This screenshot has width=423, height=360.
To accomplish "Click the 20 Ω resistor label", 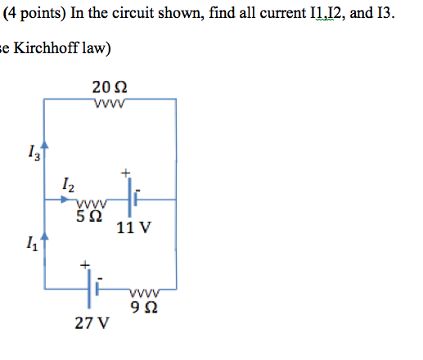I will (110, 87).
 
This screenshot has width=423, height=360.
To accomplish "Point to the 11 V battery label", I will (133, 228).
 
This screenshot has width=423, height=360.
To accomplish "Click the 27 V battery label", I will (91, 322).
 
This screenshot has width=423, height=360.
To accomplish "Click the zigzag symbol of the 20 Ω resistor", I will (109, 103).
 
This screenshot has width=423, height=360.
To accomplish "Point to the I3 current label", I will (32, 151).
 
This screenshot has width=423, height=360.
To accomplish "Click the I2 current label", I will (68, 184).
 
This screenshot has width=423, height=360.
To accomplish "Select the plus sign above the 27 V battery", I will (83, 265).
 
